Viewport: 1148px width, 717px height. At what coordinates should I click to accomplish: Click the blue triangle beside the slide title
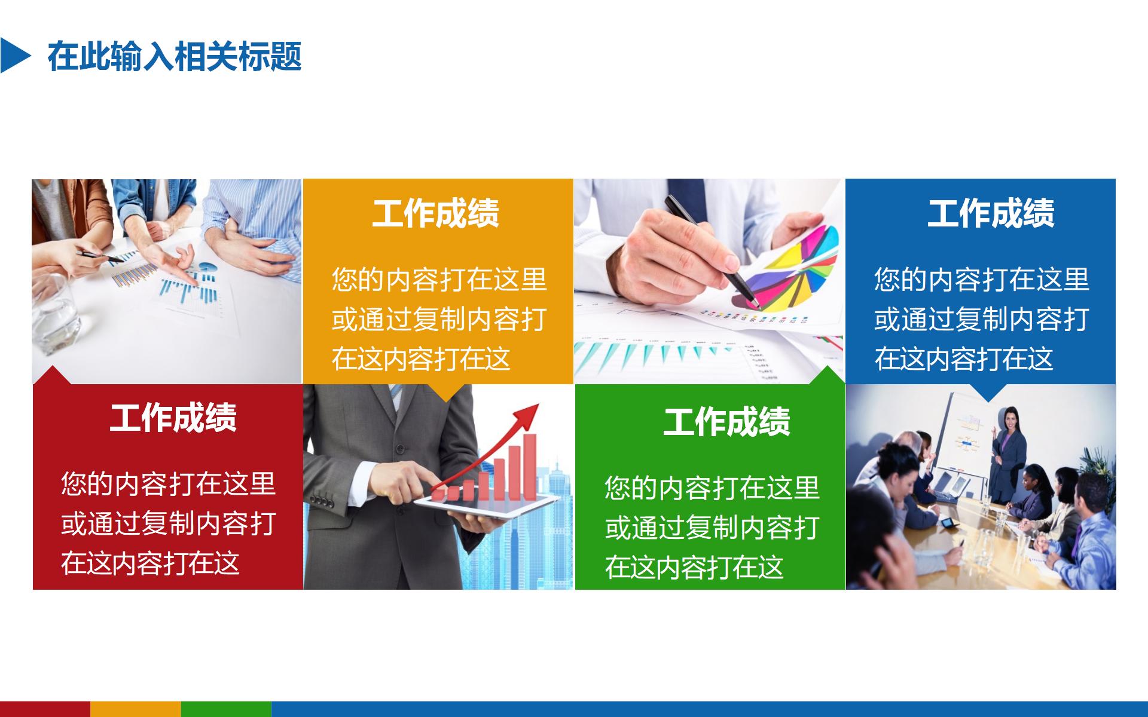13,56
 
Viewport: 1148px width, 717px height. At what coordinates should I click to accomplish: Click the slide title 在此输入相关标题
175,57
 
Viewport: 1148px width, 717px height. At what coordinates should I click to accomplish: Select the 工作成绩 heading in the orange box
435,214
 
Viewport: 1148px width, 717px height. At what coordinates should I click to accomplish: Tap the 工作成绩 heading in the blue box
990,214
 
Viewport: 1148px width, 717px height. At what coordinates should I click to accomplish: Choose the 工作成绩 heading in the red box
173,418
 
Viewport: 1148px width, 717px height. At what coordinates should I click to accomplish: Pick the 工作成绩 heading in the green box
726,422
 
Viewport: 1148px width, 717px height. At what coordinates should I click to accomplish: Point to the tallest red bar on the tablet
530,466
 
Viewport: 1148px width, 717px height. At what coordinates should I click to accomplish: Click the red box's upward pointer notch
53,375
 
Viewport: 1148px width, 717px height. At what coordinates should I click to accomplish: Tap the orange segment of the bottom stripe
135,709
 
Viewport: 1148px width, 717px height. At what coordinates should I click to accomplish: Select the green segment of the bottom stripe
225,709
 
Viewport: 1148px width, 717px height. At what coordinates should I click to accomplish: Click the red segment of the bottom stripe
45,709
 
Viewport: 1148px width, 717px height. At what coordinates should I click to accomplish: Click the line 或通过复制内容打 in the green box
712,528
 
